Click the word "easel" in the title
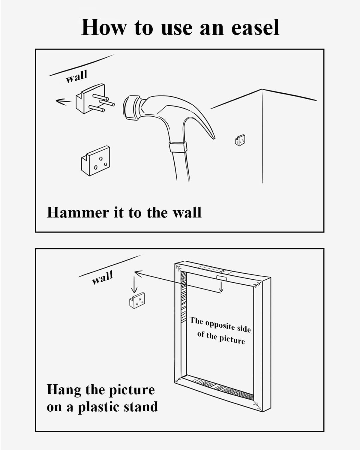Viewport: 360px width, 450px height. point(255,27)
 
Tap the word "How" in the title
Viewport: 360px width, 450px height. point(104,27)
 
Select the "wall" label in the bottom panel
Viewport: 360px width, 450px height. point(103,277)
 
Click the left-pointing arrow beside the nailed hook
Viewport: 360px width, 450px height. point(63,101)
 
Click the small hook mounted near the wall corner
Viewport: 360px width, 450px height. point(240,140)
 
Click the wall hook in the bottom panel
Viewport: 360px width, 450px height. point(137,300)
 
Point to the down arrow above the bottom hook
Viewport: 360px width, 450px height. point(134,285)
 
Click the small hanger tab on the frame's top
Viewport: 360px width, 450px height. point(221,277)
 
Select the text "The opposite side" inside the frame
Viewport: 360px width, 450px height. point(220,325)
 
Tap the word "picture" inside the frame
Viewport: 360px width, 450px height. point(232,339)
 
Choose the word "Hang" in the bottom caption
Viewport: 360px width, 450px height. point(64,390)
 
